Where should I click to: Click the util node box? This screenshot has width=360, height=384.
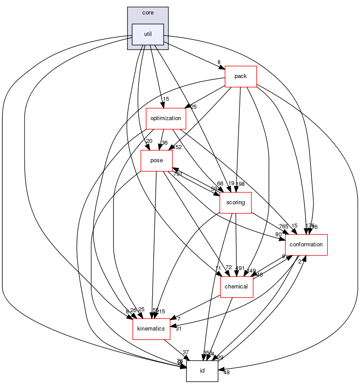(148, 34)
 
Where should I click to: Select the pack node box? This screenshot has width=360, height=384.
(240, 76)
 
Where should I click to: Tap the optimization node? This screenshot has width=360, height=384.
(166, 118)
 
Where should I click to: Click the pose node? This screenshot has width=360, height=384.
(156, 160)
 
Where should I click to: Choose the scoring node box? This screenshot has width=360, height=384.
(235, 203)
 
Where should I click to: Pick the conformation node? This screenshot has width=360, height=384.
(306, 245)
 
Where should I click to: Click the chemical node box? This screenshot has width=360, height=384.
(236, 287)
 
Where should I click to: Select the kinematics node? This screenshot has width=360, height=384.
(151, 329)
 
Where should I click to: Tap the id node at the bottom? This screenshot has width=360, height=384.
(202, 371)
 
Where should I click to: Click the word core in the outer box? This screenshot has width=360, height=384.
(148, 13)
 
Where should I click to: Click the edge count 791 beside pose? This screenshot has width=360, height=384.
(178, 174)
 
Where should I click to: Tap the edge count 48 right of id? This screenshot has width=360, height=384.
(226, 373)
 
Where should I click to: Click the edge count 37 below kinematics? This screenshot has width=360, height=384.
(185, 352)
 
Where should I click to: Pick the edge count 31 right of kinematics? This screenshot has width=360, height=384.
(179, 329)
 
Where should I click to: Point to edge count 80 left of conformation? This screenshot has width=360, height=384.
(279, 235)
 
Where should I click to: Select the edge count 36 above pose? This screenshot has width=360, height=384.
(164, 142)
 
